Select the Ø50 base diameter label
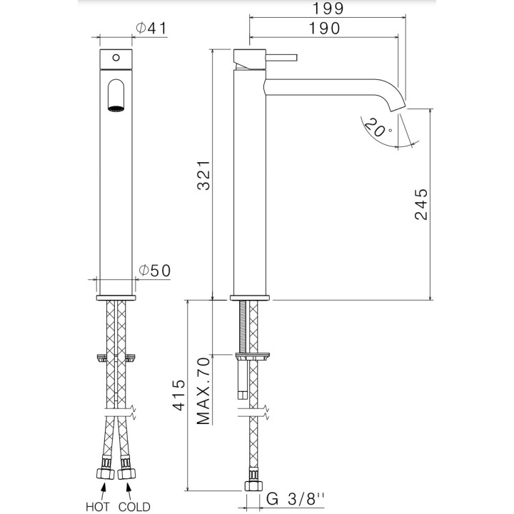pos(153,271)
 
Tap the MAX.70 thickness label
pos(204,390)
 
